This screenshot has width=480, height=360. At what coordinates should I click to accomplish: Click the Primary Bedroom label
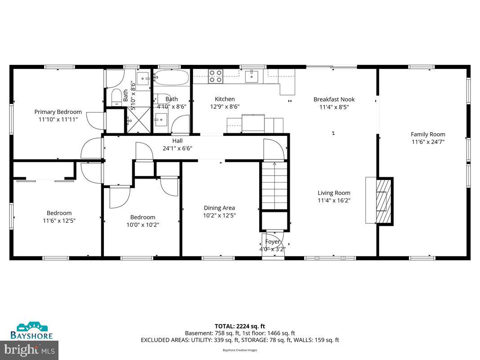58,112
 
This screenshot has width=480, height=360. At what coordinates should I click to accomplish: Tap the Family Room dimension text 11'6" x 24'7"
428,141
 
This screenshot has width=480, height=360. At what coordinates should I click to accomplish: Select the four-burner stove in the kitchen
215,76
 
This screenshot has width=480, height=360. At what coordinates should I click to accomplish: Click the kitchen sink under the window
251,76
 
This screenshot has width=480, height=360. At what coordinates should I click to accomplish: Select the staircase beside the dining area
274,185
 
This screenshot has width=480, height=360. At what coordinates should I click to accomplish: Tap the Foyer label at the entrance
273,242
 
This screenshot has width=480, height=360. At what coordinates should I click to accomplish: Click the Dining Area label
219,208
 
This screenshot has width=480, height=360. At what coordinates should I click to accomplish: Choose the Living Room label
334,193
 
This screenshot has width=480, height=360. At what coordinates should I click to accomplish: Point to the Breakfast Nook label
334,99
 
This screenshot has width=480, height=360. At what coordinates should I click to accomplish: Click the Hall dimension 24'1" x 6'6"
177,148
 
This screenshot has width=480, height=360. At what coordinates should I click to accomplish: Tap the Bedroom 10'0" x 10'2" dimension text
143,225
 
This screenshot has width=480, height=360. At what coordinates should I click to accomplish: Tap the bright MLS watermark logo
30,349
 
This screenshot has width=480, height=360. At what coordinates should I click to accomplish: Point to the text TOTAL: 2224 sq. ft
240,326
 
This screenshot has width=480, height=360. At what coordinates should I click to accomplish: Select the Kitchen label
224,99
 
